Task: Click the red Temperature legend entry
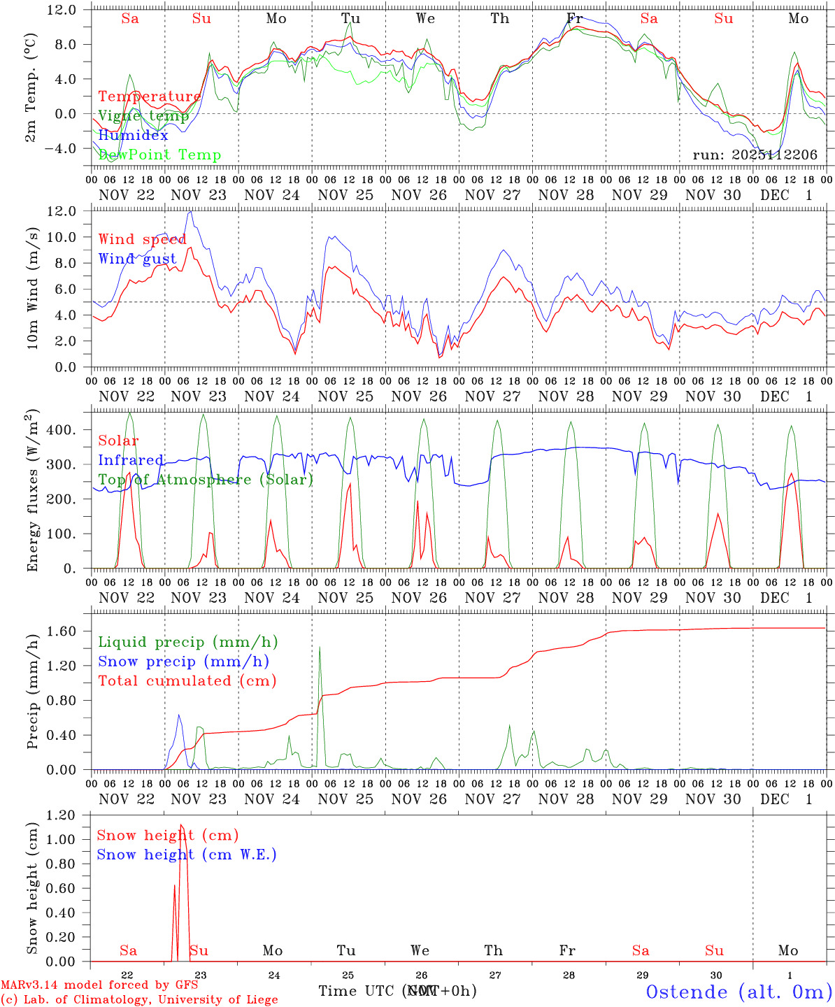click(x=149, y=97)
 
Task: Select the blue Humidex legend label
click(x=133, y=136)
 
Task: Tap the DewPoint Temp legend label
click(x=159, y=155)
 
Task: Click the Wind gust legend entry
click(x=137, y=259)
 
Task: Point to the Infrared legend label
click(x=131, y=460)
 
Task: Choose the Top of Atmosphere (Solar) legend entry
click(x=206, y=480)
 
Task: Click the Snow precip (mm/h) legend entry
click(x=183, y=662)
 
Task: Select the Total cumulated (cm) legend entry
click(x=187, y=680)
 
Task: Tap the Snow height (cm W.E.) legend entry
click(x=186, y=855)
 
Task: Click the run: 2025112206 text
click(x=755, y=155)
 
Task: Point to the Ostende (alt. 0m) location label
click(x=738, y=992)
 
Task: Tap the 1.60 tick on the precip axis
click(x=62, y=631)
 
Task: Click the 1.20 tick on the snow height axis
click(x=62, y=815)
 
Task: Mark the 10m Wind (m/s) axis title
click(x=32, y=287)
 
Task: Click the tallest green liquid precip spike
click(x=320, y=648)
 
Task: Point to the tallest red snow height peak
click(x=181, y=826)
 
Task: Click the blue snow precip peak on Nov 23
click(x=179, y=715)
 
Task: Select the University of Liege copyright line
click(x=139, y=999)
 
